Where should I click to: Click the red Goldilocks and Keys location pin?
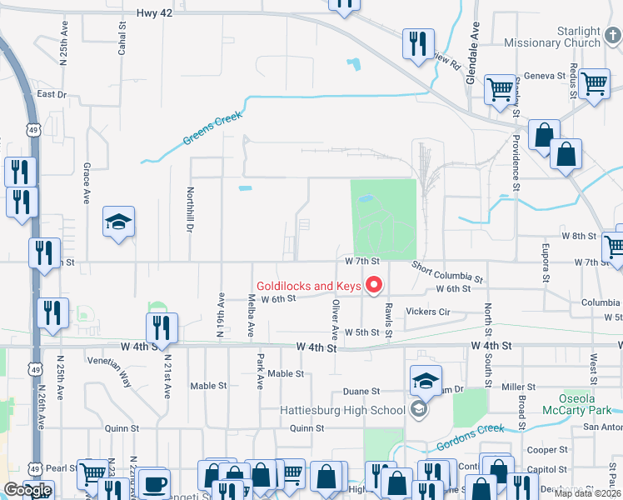[x=374, y=287]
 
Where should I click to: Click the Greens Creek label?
[x=212, y=129]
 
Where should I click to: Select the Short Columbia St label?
[x=448, y=271]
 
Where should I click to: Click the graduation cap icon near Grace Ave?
[x=118, y=222]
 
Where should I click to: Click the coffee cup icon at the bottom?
[x=153, y=484]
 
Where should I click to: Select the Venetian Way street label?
[x=115, y=372]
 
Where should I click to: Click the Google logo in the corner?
[x=27, y=490]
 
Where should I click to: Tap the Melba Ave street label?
[x=251, y=317]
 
